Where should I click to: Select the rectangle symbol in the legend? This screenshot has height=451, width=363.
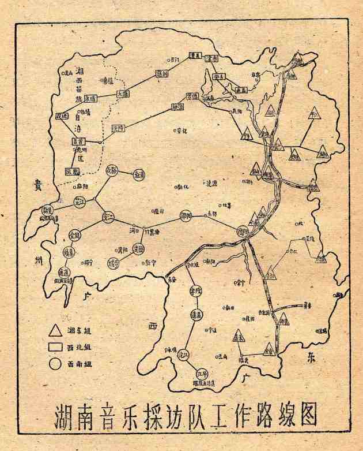56,348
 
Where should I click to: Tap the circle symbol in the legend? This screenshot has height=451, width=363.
56,364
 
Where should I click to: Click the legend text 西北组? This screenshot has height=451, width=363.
79,348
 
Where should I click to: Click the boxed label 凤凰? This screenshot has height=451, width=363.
73,172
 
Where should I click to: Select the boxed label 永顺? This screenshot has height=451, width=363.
90,99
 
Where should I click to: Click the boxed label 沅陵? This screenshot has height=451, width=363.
118,127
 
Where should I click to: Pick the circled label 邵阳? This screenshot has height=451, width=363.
186,216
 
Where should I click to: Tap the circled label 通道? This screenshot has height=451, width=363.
64,272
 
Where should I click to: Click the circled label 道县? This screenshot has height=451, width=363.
195,315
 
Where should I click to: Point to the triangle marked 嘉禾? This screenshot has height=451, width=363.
239,335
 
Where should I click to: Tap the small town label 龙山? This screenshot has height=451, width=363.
69,73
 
